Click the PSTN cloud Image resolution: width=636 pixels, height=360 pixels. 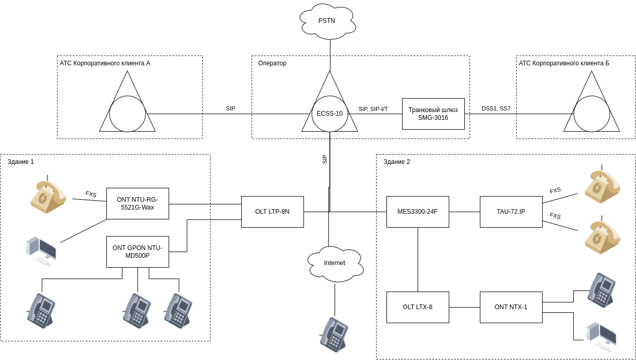pyautogui.click(x=327, y=21)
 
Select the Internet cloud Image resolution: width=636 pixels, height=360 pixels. pyautogui.click(x=335, y=264)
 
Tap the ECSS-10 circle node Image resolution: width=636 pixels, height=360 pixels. pyautogui.click(x=330, y=114)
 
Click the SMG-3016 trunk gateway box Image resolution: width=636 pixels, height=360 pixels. pyautogui.click(x=433, y=114)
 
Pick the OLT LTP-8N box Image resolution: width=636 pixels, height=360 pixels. pyautogui.click(x=272, y=212)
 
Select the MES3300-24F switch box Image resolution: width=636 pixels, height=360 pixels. pyautogui.click(x=418, y=212)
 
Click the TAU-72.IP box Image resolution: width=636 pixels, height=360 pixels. pyautogui.click(x=511, y=212)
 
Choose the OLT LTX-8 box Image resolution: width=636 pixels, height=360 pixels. pyautogui.click(x=418, y=307)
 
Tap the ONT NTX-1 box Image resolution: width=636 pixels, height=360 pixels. pyautogui.click(x=511, y=307)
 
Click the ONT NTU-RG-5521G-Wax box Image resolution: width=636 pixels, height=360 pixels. pyautogui.click(x=137, y=203)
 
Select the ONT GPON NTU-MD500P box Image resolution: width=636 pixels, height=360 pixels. pyautogui.click(x=137, y=252)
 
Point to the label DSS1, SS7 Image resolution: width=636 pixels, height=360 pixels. pyautogui.click(x=496, y=108)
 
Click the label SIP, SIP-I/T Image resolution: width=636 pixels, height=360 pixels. pyautogui.click(x=373, y=109)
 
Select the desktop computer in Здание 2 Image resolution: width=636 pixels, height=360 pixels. pyautogui.click(x=601, y=336)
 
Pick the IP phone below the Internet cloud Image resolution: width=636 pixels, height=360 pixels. pyautogui.click(x=334, y=334)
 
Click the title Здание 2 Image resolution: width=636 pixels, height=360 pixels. pyautogui.click(x=397, y=162)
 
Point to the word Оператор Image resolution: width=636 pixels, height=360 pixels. pyautogui.click(x=272, y=63)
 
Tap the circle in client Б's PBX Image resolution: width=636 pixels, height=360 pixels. pyautogui.click(x=591, y=114)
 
